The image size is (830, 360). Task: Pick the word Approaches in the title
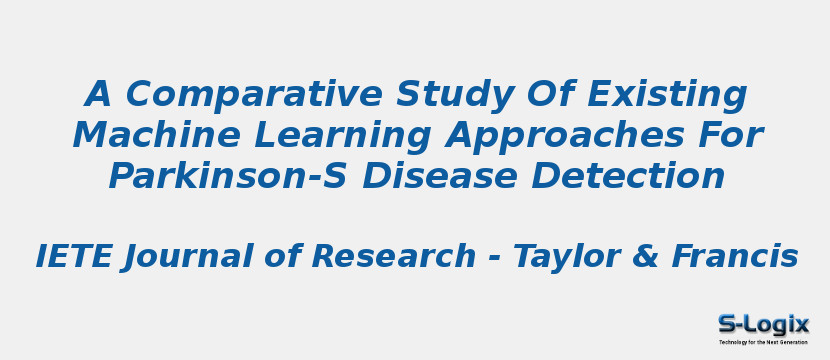pos(558,136)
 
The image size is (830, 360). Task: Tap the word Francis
pos(734,257)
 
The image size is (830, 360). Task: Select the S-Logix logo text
pos(763,324)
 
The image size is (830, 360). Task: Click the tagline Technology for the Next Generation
pos(763,342)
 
